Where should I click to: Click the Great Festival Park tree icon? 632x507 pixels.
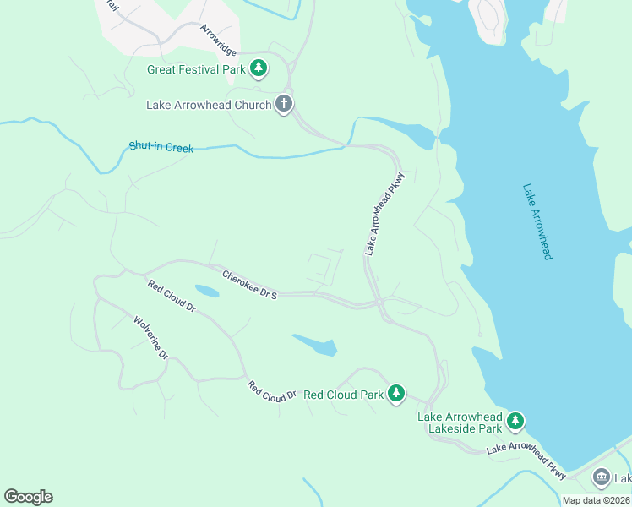[x=259, y=69]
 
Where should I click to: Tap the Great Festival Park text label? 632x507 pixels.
[x=196, y=70]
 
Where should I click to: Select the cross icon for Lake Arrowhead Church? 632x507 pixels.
[x=284, y=105]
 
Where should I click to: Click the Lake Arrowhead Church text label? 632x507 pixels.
[x=209, y=106]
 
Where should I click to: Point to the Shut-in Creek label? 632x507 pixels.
[x=161, y=148]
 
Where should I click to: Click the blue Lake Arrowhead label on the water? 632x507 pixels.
[x=537, y=221]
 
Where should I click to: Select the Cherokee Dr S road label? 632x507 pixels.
[x=249, y=285]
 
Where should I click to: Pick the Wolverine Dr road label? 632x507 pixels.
[x=151, y=338]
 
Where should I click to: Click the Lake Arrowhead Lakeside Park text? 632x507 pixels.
[x=460, y=422]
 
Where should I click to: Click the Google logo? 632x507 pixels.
[x=28, y=497]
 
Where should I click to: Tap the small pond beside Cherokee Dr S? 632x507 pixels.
[x=207, y=292]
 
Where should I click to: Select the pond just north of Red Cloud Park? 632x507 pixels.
[x=316, y=345]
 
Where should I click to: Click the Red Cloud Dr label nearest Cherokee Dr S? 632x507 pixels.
[x=172, y=297]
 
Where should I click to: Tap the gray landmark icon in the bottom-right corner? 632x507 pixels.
[x=602, y=478]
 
